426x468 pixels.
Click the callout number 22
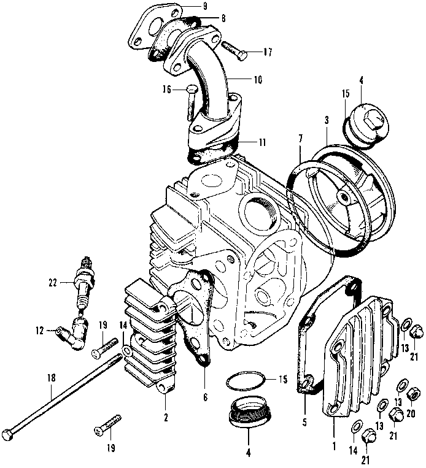tap(53, 282)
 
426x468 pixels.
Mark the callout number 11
tap(263, 142)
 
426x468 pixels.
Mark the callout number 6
tap(204, 397)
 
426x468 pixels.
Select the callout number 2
tap(166, 418)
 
